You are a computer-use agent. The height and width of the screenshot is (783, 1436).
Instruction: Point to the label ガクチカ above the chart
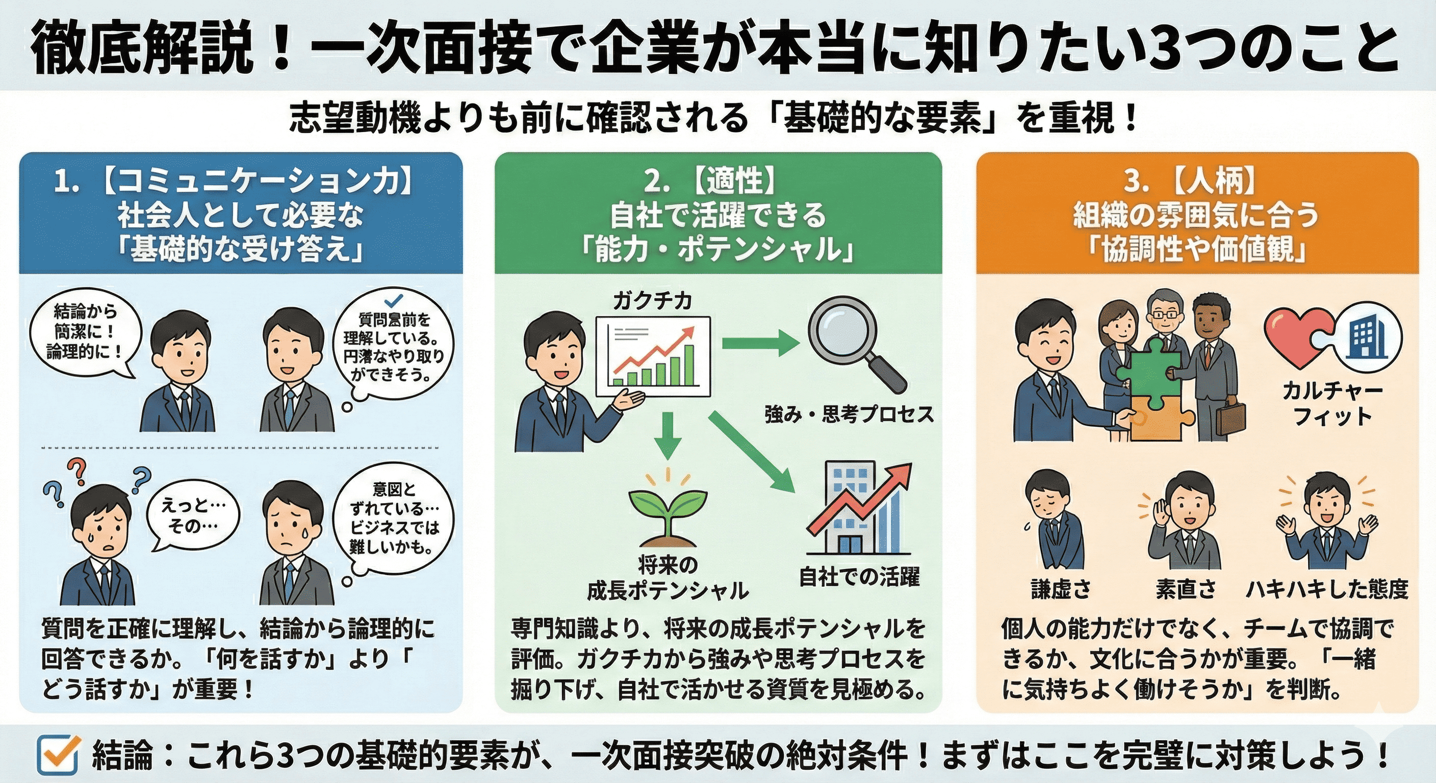[652, 301]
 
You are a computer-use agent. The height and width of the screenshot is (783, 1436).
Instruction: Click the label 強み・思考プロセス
[849, 414]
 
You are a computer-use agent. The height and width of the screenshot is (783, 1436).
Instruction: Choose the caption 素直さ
[1185, 590]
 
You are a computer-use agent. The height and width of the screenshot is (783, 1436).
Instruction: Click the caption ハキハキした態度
[1327, 590]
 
